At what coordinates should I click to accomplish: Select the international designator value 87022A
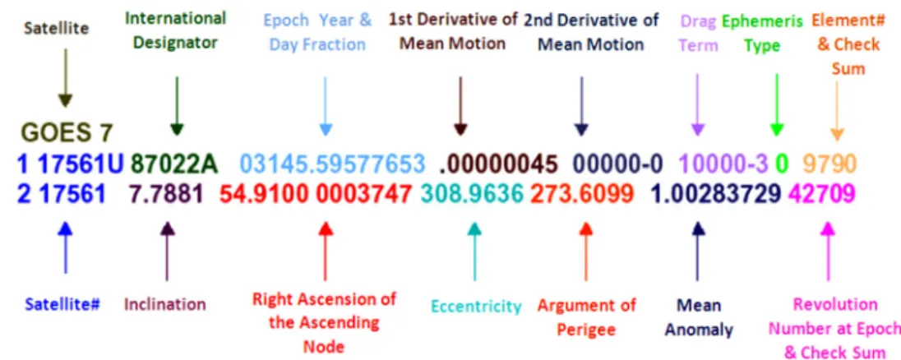pyautogui.click(x=175, y=164)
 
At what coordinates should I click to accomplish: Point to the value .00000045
pyautogui.click(x=498, y=164)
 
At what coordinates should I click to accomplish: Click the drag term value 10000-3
pyautogui.click(x=723, y=164)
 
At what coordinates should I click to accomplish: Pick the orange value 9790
pyautogui.click(x=830, y=164)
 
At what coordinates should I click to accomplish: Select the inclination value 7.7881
pyautogui.click(x=165, y=195)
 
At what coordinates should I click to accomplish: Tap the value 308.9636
pyautogui.click(x=472, y=195)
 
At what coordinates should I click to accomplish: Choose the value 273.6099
pyautogui.click(x=581, y=195)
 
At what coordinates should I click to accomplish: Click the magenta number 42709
pyautogui.click(x=822, y=195)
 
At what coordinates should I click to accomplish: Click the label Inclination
pyautogui.click(x=165, y=304)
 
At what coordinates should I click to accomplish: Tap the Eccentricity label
pyautogui.click(x=476, y=306)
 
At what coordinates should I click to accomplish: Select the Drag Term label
pyautogui.click(x=698, y=34)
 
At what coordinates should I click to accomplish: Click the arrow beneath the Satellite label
pyautogui.click(x=66, y=77)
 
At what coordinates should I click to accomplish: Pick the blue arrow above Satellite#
pyautogui.click(x=66, y=247)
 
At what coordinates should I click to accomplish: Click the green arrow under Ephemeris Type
pyautogui.click(x=777, y=104)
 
